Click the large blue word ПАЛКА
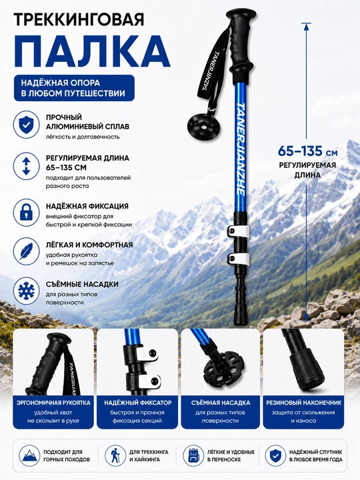[92, 51]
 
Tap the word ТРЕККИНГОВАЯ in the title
[79, 19]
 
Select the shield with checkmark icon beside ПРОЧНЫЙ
[26, 124]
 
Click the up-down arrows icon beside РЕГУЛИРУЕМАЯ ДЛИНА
[26, 166]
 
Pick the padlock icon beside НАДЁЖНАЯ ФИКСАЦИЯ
[26, 212]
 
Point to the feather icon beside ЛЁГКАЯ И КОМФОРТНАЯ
[26, 251]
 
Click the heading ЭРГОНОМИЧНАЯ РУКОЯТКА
[53, 403]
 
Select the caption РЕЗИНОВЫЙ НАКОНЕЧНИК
[303, 403]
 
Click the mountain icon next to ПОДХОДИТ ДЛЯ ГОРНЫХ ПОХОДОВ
[29, 455]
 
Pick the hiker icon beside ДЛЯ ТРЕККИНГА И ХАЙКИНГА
[115, 455]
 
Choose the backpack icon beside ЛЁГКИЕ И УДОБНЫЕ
[193, 455]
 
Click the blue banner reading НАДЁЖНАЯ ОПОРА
[75, 88]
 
